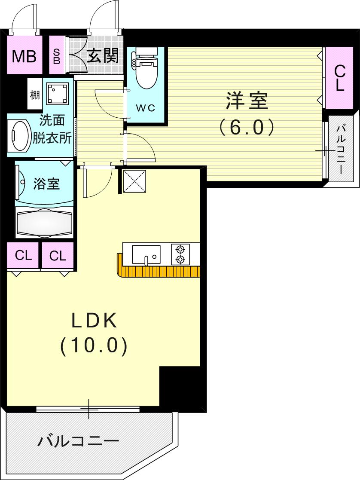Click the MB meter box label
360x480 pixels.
click(x=24, y=56)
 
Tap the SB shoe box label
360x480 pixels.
click(x=56, y=56)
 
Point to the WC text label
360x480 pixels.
click(x=145, y=108)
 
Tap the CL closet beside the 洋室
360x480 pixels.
click(x=339, y=78)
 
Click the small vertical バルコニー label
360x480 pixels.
click(x=342, y=149)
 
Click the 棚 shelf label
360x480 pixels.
click(x=35, y=95)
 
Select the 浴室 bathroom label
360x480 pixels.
click(x=46, y=184)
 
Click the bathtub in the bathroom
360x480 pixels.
click(x=45, y=223)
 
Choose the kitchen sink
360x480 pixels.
click(x=146, y=254)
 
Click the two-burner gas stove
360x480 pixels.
click(x=180, y=254)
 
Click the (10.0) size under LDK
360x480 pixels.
click(x=94, y=345)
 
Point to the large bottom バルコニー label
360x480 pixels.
click(x=78, y=441)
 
